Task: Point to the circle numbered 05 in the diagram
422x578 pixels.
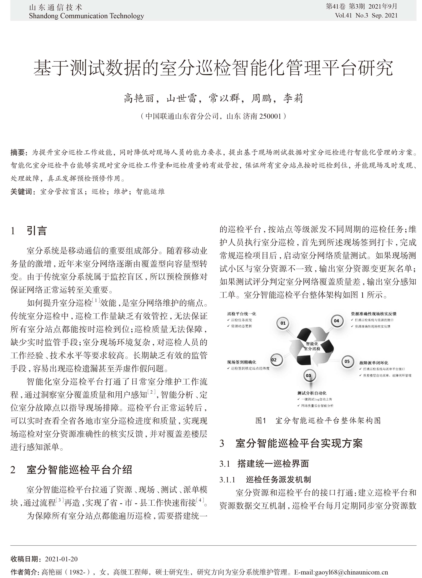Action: [347, 361]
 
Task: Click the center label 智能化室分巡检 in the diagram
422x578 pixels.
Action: [312, 346]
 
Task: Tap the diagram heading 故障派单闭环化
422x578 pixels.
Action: [373, 363]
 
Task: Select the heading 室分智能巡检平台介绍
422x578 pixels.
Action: [79, 470]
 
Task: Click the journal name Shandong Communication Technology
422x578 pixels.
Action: [86, 16]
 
